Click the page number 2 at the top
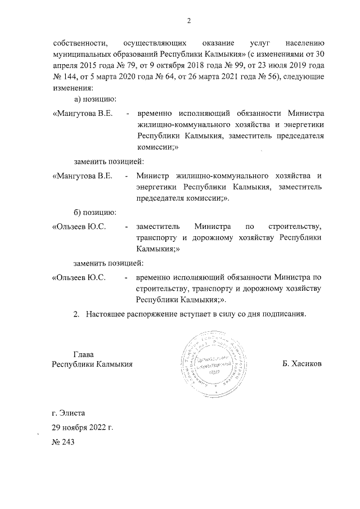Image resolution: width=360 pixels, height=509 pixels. (190, 21)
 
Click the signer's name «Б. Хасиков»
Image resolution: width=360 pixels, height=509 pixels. (303, 364)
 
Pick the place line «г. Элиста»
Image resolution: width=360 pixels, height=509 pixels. (68, 413)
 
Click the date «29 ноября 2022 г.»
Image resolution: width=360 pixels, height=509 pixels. (82, 427)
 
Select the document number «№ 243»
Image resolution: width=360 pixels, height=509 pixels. (62, 442)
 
